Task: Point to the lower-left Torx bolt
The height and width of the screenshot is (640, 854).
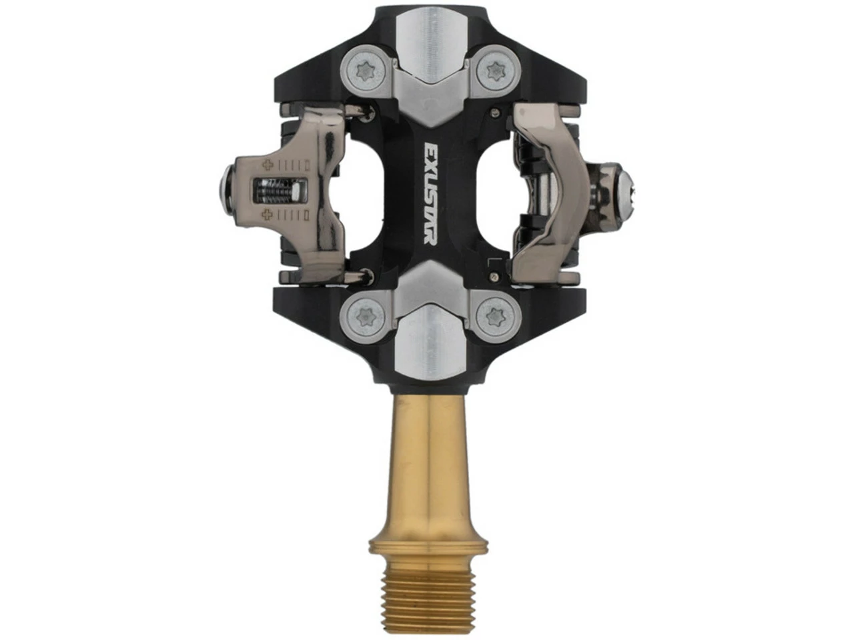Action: pyautogui.click(x=364, y=313)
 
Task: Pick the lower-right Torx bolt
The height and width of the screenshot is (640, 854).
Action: pyautogui.click(x=494, y=313)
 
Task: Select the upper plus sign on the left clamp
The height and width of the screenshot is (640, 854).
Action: pyautogui.click(x=268, y=165)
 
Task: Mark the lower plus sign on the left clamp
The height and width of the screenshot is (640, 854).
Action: pyautogui.click(x=268, y=215)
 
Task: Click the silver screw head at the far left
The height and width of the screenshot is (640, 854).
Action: pyautogui.click(x=224, y=190)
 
